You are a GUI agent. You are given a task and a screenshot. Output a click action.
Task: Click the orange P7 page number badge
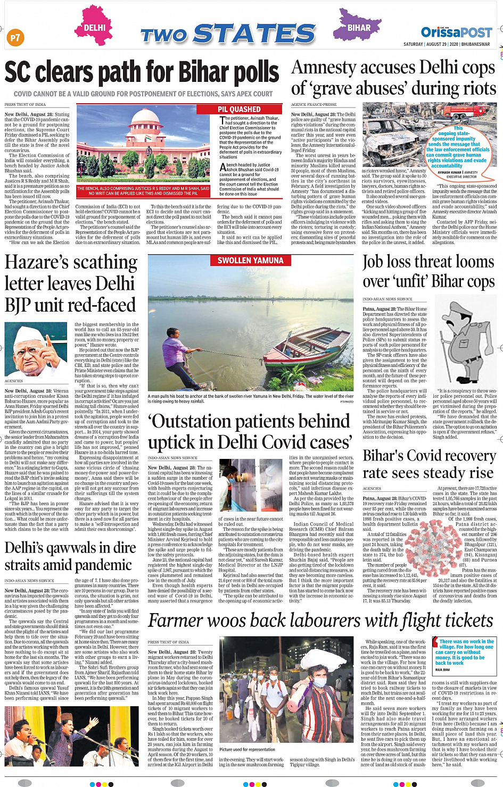tap(15, 37)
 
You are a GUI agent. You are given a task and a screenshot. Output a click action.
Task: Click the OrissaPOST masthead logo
tap(456, 32)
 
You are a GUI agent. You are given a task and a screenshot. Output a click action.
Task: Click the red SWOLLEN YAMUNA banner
tap(250, 261)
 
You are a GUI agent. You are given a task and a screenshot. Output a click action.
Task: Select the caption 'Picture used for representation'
tap(247, 749)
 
